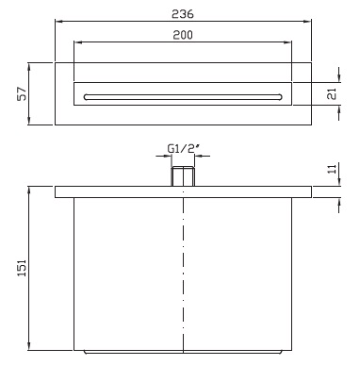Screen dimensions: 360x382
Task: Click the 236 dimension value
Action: coord(183,14)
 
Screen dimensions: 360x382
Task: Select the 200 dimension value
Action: coord(183,35)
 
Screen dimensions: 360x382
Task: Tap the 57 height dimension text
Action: coord(22,93)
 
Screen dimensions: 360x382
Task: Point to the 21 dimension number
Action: coord(332,94)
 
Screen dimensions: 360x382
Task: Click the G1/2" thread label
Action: coord(184,148)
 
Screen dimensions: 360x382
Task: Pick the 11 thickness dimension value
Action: coord(332,169)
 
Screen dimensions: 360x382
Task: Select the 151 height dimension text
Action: coord(22,268)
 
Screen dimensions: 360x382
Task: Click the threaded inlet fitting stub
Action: coord(183,176)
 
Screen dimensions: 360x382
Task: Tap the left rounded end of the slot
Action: coord(86,97)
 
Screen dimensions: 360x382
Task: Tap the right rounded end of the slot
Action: coord(280,97)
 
